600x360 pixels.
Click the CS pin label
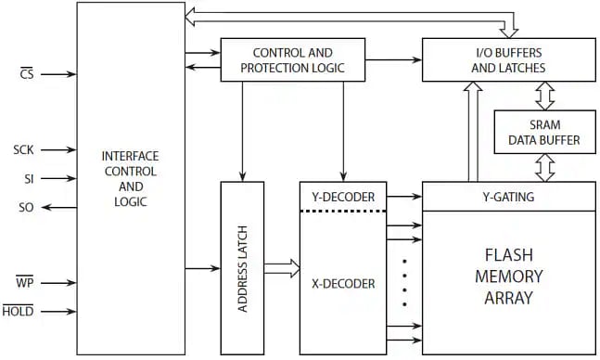pos(25,74)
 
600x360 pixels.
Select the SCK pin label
pos(24,149)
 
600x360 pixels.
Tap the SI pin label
pos(29,178)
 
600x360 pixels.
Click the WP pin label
pos(25,282)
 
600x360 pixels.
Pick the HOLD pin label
pos(18,311)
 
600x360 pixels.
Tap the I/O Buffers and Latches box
pos(508,60)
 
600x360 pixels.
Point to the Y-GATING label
pos(508,197)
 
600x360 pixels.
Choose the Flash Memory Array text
pos(508,276)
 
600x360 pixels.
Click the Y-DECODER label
pos(338,197)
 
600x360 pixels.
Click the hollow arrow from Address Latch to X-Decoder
pos(282,269)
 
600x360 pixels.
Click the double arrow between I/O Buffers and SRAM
pos(544,96)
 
